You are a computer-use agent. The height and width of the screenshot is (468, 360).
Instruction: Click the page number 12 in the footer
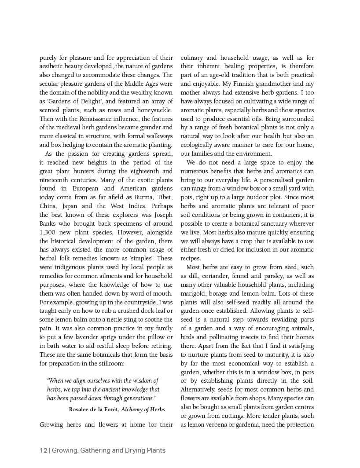coord(43,450)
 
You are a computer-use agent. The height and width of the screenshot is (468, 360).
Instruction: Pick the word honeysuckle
coord(153,110)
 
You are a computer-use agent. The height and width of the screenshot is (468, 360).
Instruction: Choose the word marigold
coord(193,293)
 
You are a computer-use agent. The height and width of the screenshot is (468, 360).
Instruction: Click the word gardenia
coord(245,424)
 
